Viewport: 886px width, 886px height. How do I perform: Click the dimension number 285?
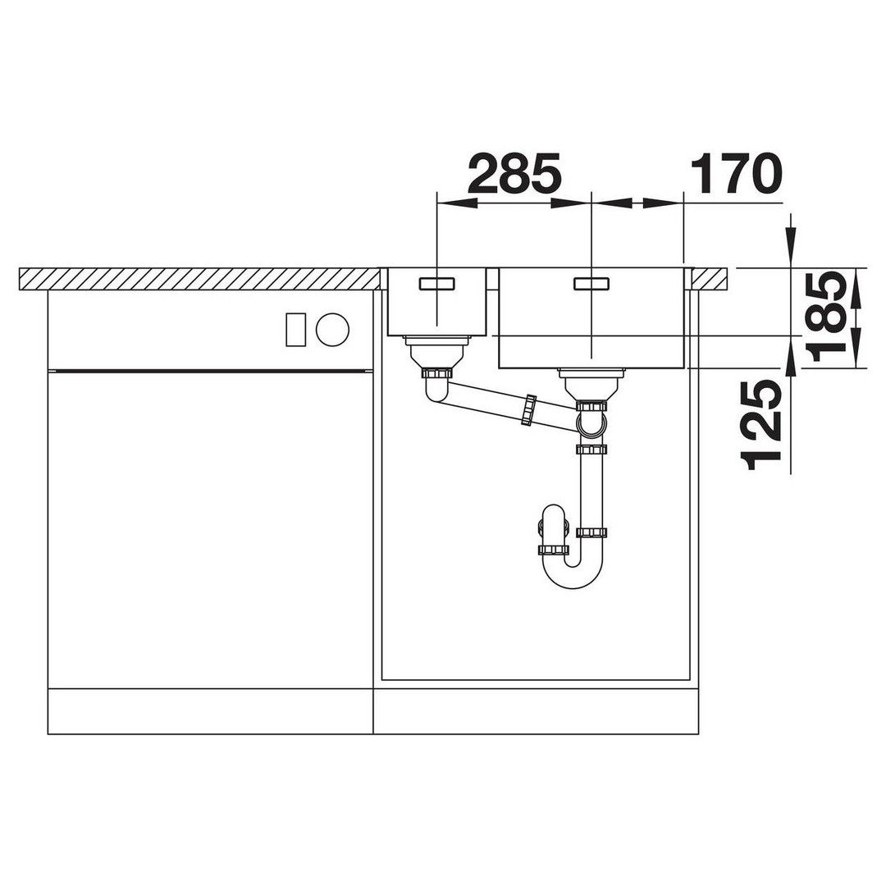(x=514, y=173)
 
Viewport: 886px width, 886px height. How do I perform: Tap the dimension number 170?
(x=736, y=173)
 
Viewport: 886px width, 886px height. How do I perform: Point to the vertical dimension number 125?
(x=761, y=427)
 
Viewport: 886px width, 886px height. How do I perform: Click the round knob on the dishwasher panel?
(x=332, y=330)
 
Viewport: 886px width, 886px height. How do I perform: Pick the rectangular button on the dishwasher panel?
(x=296, y=330)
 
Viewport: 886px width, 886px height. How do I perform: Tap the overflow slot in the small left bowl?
(x=436, y=283)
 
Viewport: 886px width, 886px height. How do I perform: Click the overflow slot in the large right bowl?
(x=591, y=283)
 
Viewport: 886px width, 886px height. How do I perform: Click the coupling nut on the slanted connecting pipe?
(x=528, y=409)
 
